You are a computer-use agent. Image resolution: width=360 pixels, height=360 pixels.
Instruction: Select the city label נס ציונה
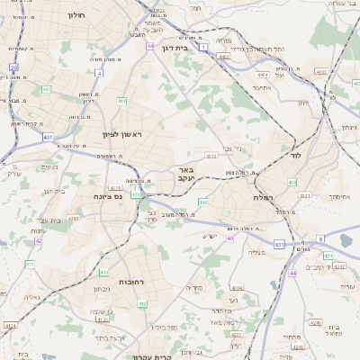[108, 195]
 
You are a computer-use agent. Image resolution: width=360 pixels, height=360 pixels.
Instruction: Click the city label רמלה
[263, 197]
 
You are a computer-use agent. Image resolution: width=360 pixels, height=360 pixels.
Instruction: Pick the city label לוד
[295, 155]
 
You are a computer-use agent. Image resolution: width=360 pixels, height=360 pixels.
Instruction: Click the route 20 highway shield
[13, 67]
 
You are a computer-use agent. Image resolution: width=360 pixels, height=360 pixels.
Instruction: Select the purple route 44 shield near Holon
[150, 46]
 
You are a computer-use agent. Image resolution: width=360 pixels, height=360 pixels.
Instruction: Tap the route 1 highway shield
[204, 46]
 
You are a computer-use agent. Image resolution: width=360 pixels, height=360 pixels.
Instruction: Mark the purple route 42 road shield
[38, 241]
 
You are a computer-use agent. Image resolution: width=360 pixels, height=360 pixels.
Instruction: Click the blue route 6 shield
[319, 238]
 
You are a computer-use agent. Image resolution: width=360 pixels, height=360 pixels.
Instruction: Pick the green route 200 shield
[202, 202]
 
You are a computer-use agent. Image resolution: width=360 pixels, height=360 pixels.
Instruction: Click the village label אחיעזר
[262, 87]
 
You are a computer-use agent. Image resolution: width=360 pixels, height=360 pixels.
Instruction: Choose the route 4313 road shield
[211, 156]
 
